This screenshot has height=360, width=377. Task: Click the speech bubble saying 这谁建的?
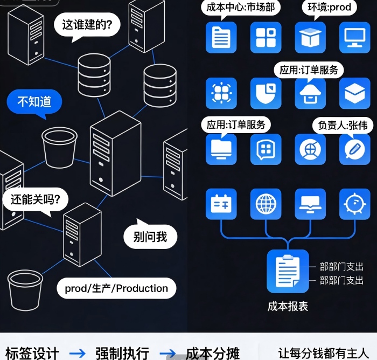coord(87,25)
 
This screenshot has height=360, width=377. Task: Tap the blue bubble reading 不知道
coord(34,101)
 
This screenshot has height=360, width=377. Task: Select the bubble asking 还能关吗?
coord(36,200)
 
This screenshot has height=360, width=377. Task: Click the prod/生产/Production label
coord(116,288)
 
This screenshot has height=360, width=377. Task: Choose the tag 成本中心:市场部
coord(240,8)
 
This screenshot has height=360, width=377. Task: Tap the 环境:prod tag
coord(329,8)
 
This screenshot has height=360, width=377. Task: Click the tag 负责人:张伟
coord(343,125)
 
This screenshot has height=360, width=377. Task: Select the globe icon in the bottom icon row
coord(266,204)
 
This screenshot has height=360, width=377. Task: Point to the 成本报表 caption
coord(288,306)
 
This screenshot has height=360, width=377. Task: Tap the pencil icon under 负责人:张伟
coord(354,149)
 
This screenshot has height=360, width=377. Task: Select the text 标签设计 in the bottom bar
coord(32,353)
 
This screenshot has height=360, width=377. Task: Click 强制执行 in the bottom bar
coord(122,353)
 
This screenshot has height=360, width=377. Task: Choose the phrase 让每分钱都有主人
coord(323,353)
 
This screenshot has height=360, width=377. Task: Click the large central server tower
coord(115,153)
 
